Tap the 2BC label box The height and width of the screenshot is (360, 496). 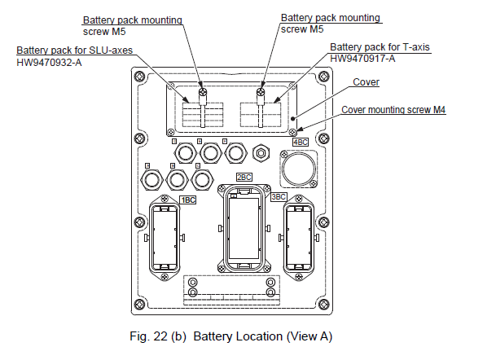pyautogui.click(x=244, y=177)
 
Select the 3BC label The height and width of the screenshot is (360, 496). pyautogui.click(x=279, y=196)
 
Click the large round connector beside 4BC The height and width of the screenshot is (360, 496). pyautogui.click(x=297, y=169)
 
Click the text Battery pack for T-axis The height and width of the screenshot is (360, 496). pyautogui.click(x=380, y=47)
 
